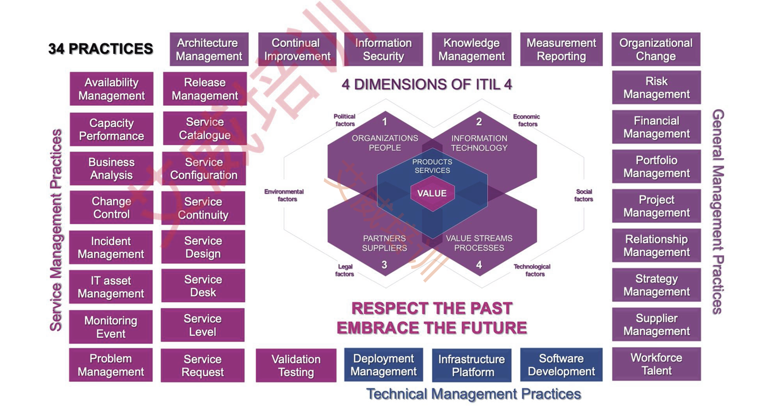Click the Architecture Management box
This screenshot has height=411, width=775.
(209, 49)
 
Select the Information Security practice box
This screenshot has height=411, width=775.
(383, 49)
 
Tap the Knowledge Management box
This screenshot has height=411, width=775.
(471, 49)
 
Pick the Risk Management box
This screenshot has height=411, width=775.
(657, 88)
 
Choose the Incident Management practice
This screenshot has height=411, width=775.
(111, 247)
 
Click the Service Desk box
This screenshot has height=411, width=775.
(203, 286)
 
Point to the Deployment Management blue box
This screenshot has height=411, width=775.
(383, 365)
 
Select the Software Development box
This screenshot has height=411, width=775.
(561, 365)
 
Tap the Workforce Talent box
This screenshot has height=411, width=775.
(657, 364)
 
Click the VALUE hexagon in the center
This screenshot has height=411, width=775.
(432, 193)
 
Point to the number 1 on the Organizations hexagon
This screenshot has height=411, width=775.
(384, 122)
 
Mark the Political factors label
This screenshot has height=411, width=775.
(344, 120)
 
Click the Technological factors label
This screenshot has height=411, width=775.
(532, 270)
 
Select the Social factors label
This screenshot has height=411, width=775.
(583, 195)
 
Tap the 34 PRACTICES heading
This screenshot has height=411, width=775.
(101, 49)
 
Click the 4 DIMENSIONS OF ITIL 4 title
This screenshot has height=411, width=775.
(427, 84)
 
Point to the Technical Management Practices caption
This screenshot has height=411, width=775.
(474, 394)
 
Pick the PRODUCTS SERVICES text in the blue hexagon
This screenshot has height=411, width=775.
(432, 166)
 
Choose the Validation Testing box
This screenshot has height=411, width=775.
(296, 365)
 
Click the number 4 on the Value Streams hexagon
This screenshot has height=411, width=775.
(479, 265)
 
